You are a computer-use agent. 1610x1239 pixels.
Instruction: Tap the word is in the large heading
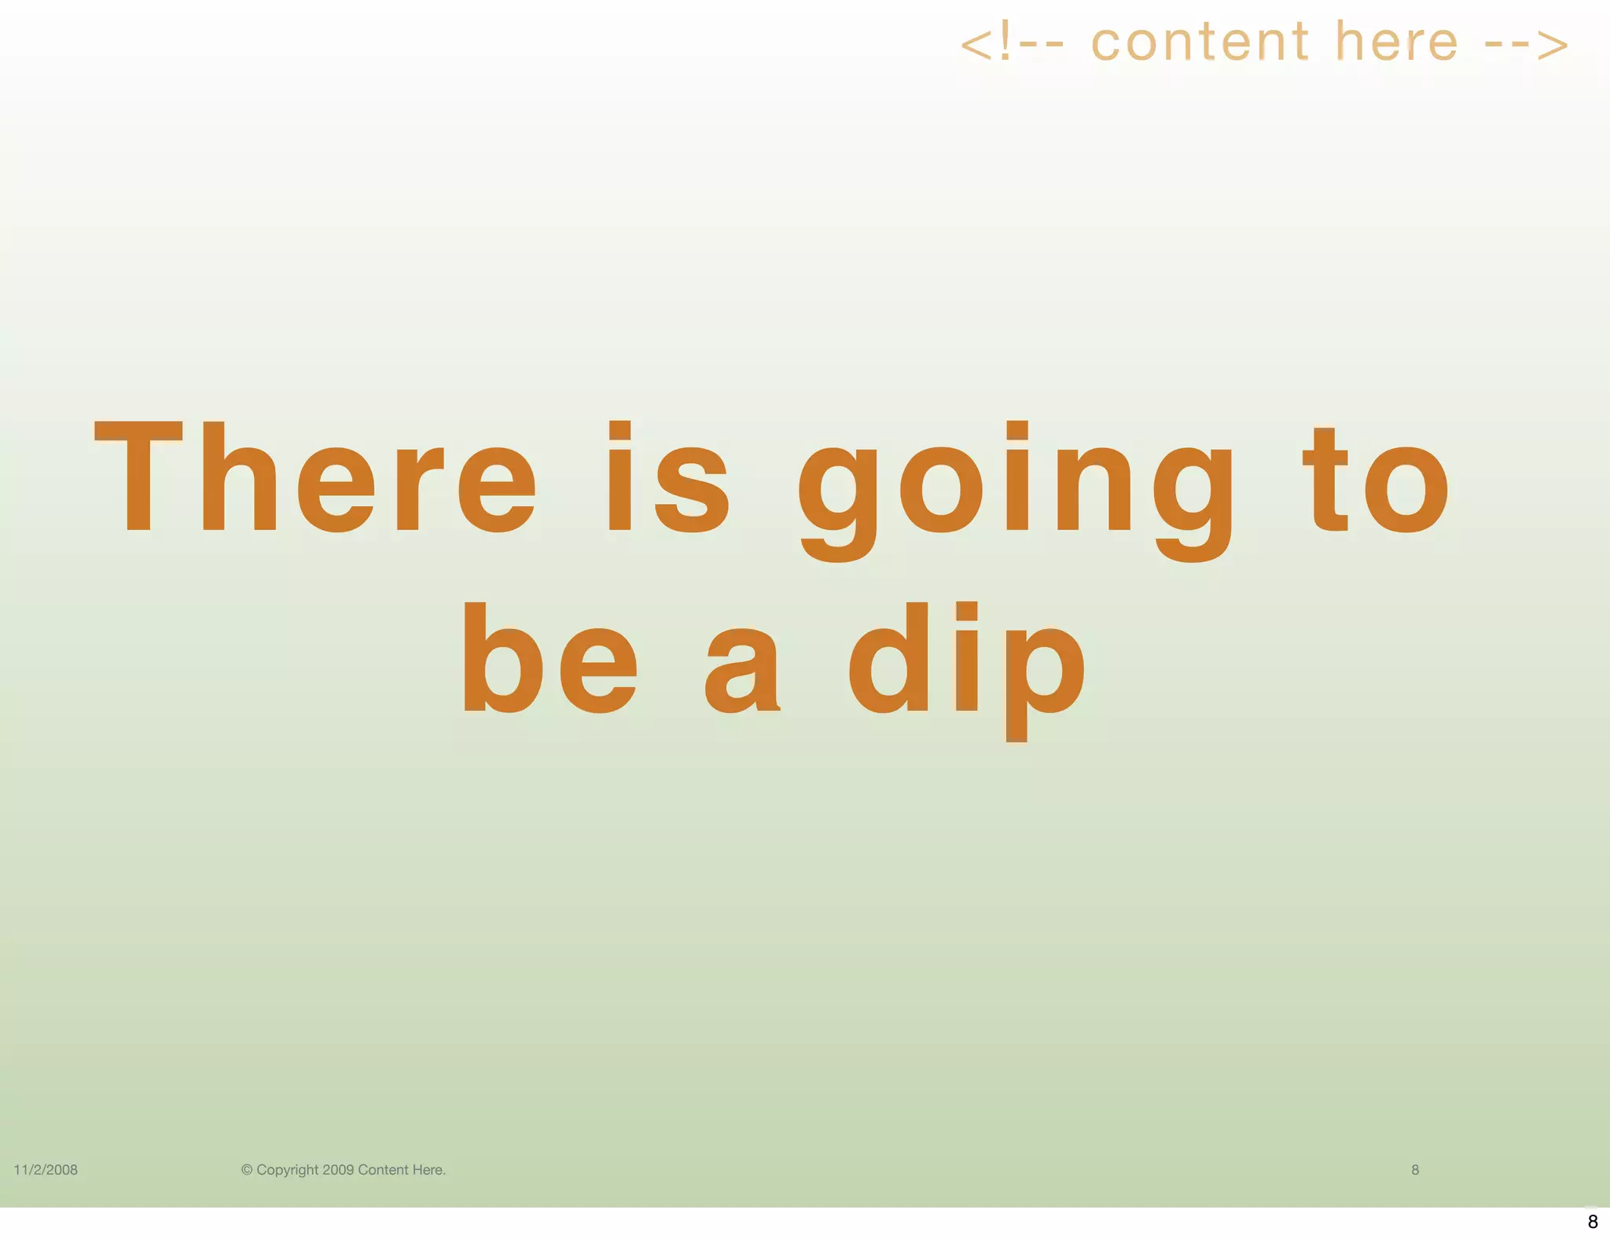pos(668,477)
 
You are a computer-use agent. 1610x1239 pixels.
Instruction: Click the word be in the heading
pos(550,658)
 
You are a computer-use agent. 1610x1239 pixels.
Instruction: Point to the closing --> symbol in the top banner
pos(1527,44)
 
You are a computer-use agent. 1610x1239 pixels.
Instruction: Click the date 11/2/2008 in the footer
pos(46,1170)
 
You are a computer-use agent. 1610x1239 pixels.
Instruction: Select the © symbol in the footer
pos(247,1170)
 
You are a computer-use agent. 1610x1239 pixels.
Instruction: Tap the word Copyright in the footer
pos(288,1171)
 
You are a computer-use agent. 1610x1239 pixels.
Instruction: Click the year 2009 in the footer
pos(338,1170)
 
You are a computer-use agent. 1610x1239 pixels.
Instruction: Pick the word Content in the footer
pos(383,1170)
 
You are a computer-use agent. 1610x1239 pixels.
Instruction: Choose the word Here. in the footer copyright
pos(429,1170)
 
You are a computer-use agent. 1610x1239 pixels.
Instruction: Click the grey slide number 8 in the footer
pos(1415,1170)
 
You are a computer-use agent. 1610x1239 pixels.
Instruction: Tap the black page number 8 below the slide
pos(1593,1222)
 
